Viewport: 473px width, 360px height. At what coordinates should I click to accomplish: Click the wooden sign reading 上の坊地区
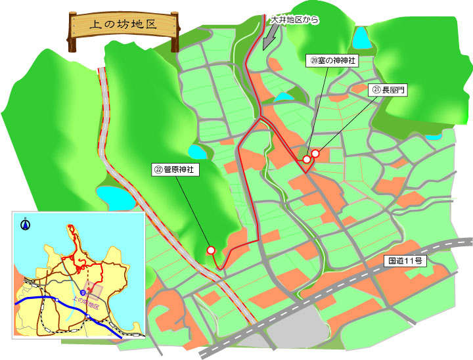click(124, 26)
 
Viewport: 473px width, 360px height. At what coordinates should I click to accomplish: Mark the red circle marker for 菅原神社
click(211, 250)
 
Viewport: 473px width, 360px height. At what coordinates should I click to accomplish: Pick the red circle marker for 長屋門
click(315, 154)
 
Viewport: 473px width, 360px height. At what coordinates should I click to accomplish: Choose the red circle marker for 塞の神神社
click(306, 158)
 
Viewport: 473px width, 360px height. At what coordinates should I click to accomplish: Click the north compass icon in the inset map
click(25, 225)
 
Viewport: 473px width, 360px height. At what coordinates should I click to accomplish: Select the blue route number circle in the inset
click(83, 292)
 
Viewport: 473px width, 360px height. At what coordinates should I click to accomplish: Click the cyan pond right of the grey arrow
click(284, 97)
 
